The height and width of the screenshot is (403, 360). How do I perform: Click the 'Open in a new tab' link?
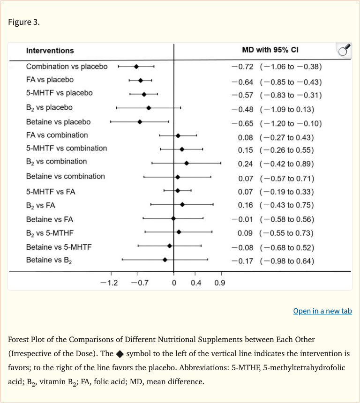322,311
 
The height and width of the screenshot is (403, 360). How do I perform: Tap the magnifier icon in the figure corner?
344,50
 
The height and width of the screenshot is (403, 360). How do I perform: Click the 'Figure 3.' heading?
24,22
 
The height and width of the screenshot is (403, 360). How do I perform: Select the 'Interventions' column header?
50,51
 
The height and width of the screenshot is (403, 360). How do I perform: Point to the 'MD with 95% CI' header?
270,50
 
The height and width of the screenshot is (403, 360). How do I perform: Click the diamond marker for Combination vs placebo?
136,67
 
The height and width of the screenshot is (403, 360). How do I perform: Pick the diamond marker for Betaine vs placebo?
140,122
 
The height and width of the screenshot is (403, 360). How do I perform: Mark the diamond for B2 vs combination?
187,163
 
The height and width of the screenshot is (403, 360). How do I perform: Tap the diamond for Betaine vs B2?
165,259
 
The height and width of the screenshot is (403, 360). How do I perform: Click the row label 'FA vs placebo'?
50,80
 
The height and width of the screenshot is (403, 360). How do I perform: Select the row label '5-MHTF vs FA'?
51,192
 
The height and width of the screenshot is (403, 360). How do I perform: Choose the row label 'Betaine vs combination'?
66,176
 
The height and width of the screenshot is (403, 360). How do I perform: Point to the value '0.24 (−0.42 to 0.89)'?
276,164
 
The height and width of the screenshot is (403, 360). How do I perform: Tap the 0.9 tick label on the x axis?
219,283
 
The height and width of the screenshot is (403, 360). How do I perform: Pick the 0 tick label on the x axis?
174,283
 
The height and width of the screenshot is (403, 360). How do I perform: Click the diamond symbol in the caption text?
120,353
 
